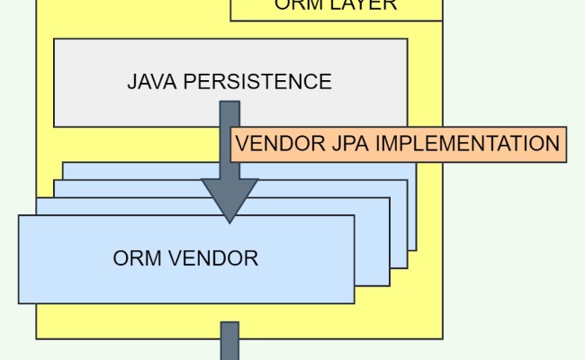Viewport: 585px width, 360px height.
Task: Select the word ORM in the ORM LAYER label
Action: coord(296,5)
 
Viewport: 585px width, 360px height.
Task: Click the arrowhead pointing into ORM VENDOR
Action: coord(229,202)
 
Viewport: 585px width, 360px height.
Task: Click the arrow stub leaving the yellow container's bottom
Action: coord(230,342)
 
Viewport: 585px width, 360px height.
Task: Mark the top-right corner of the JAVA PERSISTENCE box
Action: coord(407,39)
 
